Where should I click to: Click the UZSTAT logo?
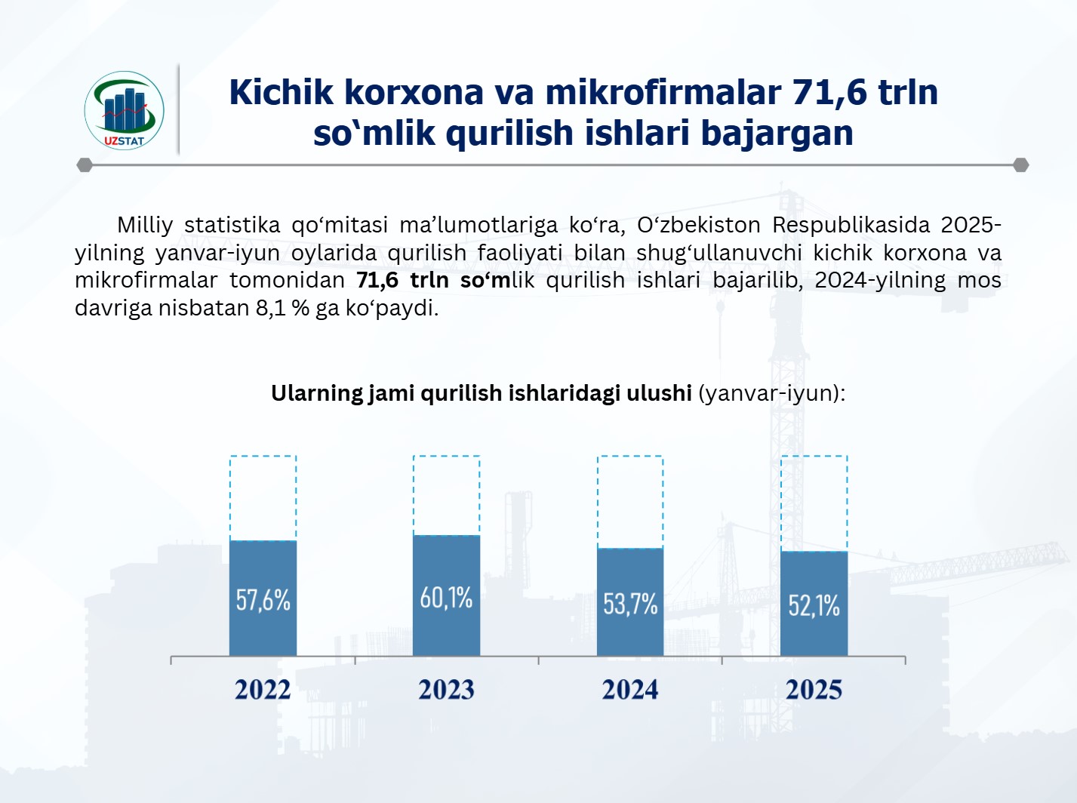click(124, 110)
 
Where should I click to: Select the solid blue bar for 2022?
click(263, 598)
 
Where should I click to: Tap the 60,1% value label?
click(446, 598)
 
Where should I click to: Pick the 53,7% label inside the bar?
click(630, 604)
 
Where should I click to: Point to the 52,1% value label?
click(814, 605)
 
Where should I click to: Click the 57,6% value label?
click(263, 599)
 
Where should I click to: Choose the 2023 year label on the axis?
click(446, 690)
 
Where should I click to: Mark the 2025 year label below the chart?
click(814, 690)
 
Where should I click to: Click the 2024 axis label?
click(630, 690)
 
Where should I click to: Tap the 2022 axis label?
click(263, 690)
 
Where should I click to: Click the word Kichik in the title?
click(282, 92)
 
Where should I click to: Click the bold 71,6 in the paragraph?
click(377, 280)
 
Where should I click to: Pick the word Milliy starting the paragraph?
click(145, 226)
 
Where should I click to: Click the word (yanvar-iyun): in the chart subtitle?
click(772, 393)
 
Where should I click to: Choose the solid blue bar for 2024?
click(630, 602)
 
